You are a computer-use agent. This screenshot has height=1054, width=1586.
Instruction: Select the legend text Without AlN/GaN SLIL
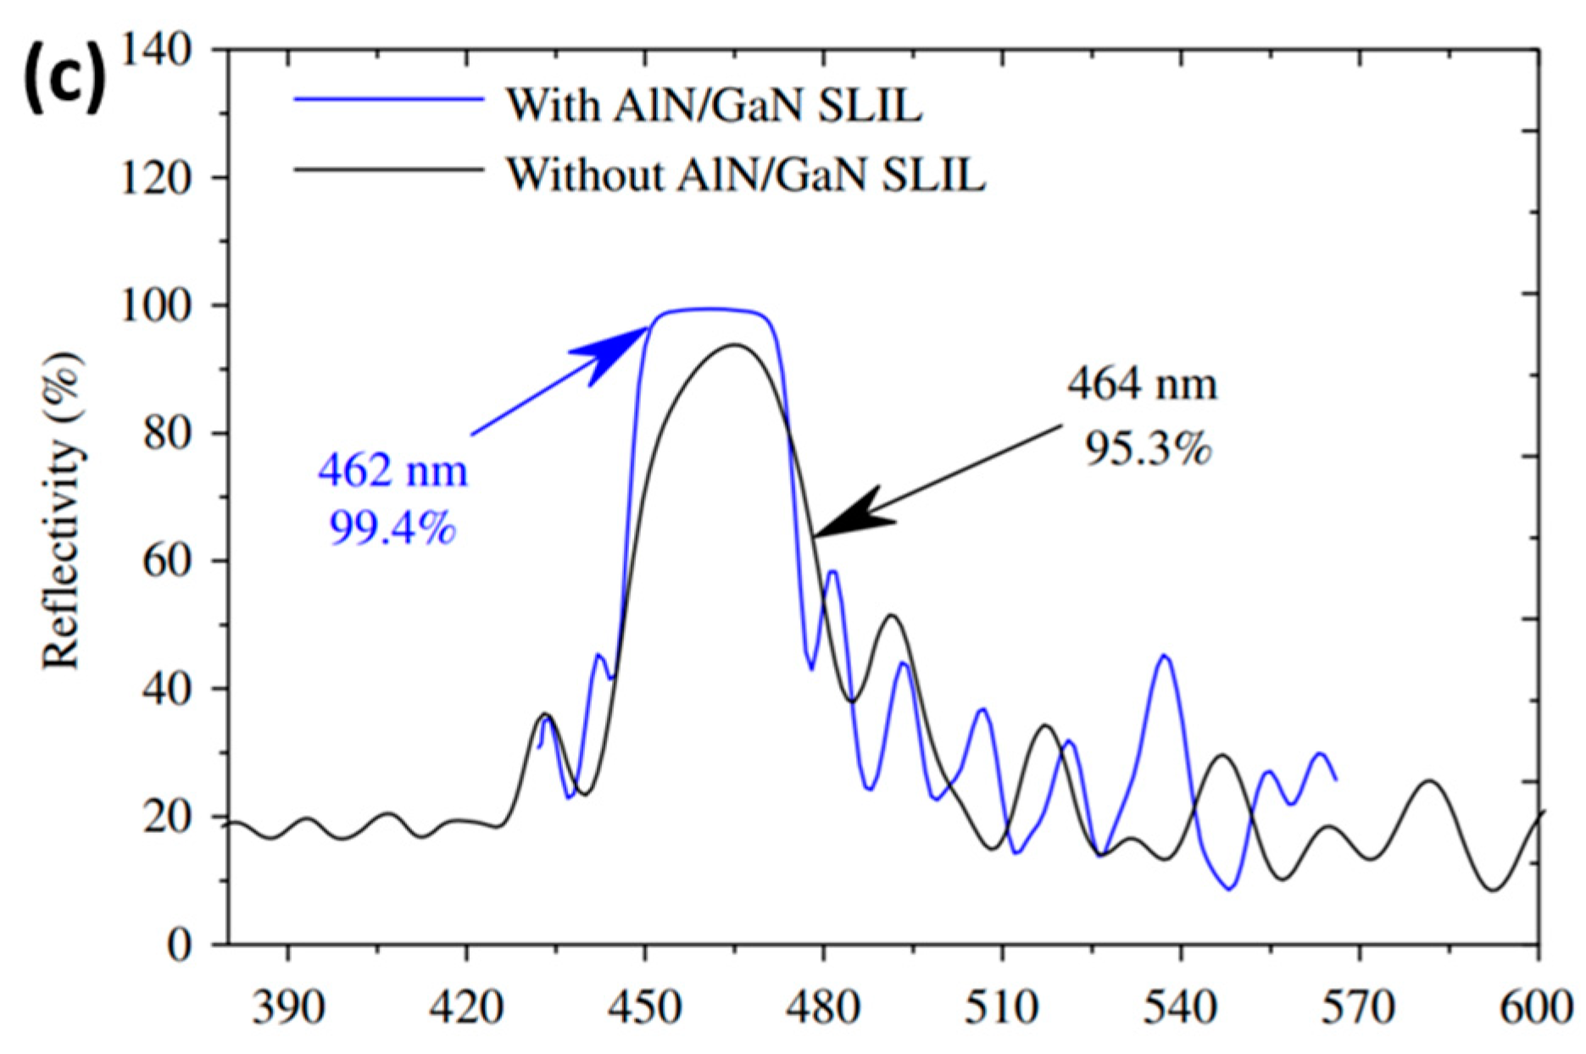click(746, 174)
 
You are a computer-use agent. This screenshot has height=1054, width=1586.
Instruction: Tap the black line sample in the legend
click(390, 169)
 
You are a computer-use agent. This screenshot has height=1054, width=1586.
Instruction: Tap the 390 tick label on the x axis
click(288, 1008)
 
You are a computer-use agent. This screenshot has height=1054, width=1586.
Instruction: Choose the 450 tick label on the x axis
click(646, 1008)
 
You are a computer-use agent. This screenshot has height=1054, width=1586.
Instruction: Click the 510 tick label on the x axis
click(1003, 1008)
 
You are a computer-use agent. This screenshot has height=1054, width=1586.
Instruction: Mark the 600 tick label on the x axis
click(1537, 1008)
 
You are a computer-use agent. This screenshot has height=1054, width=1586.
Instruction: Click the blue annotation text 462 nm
click(392, 470)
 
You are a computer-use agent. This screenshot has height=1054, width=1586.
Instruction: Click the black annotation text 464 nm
click(1142, 385)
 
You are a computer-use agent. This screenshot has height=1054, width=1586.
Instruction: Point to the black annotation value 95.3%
click(1149, 449)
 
